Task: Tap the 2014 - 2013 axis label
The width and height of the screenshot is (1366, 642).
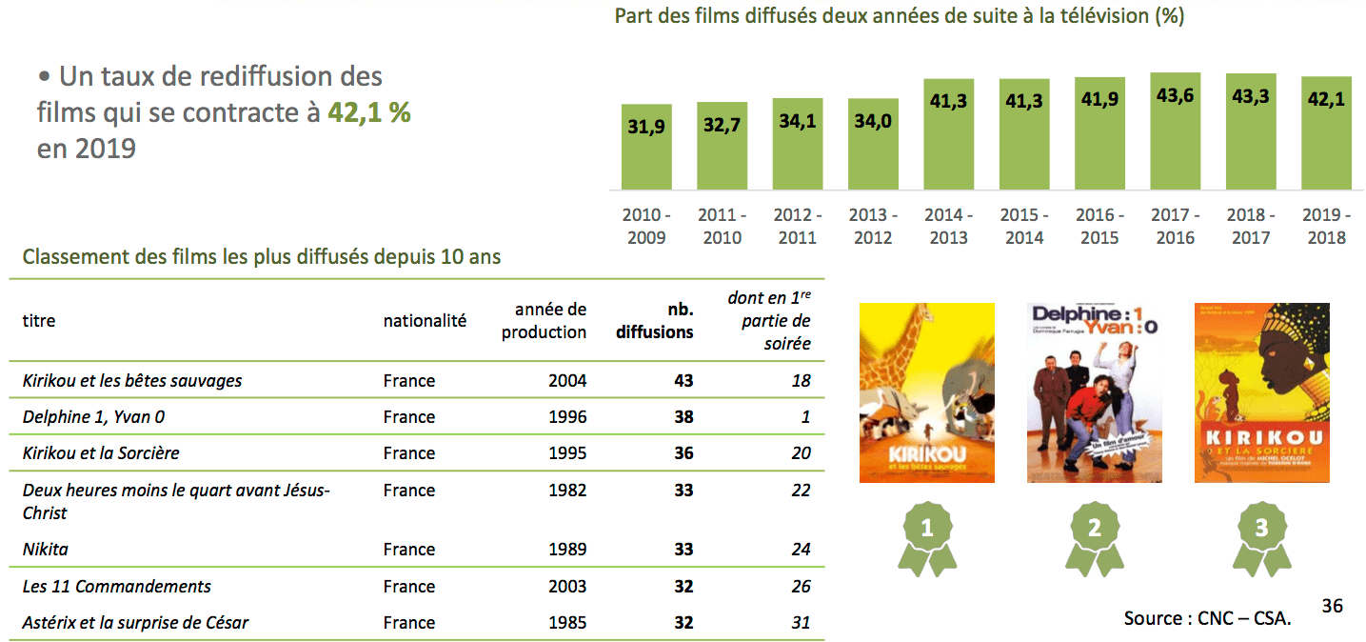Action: (949, 227)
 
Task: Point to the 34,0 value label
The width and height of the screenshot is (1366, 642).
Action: (873, 121)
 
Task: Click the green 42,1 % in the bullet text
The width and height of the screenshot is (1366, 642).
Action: (369, 112)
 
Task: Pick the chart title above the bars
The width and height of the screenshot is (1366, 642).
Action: (900, 16)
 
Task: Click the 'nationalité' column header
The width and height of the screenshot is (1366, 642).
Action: (425, 321)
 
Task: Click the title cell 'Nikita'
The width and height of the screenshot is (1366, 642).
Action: (46, 550)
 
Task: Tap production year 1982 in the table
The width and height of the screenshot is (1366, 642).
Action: (567, 491)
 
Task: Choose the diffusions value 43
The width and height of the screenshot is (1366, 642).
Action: (683, 381)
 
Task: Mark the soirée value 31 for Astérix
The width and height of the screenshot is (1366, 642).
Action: (801, 623)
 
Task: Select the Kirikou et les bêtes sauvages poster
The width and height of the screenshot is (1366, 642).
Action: (926, 392)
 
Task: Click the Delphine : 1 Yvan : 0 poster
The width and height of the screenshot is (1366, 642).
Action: (1095, 392)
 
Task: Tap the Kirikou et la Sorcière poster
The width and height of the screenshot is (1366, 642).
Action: (1261, 392)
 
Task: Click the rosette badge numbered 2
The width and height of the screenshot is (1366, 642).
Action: (1095, 538)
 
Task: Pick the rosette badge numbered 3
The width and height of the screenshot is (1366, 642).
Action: (1261, 538)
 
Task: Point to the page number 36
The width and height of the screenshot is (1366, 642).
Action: (1332, 605)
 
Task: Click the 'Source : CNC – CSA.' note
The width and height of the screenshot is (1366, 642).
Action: (1207, 618)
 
